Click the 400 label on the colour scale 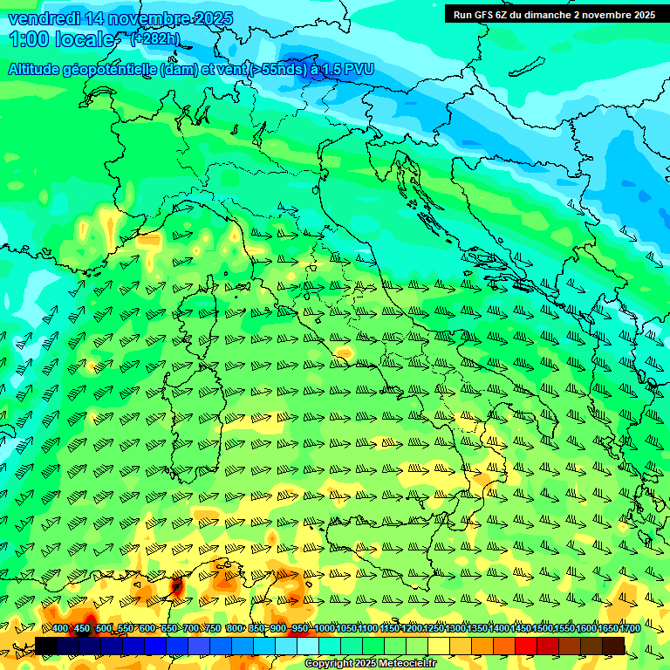tap(60, 628)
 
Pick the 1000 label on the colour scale tap(325, 628)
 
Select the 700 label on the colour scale tap(191, 628)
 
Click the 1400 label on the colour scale tap(499, 628)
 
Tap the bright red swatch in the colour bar tap(526, 646)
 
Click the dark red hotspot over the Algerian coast tap(177, 587)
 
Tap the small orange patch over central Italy tap(344, 353)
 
